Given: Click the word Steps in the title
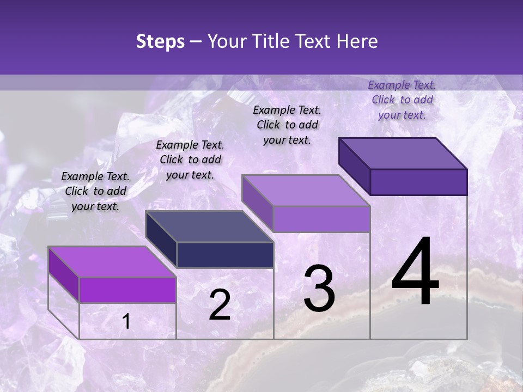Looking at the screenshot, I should pyautogui.click(x=160, y=41).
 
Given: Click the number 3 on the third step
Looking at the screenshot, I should pyautogui.click(x=319, y=289).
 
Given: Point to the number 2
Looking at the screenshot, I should pyautogui.click(x=220, y=305).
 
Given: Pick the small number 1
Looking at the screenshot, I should pyautogui.click(x=126, y=322).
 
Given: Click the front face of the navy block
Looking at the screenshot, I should pyautogui.click(x=225, y=255).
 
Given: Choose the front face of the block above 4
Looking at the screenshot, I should pyautogui.click(x=418, y=182).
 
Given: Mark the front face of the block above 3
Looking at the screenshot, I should pyautogui.click(x=321, y=219).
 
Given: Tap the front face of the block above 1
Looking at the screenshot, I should pyautogui.click(x=127, y=290).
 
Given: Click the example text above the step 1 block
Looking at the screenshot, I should pyautogui.click(x=95, y=191).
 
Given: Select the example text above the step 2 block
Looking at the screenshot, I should pyautogui.click(x=190, y=160).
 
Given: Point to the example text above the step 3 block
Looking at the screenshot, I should pyautogui.click(x=287, y=125).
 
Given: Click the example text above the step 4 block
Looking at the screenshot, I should pyautogui.click(x=402, y=100).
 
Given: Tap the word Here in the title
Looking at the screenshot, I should pyautogui.click(x=357, y=41).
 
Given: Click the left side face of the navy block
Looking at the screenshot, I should pyautogui.click(x=161, y=240).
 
